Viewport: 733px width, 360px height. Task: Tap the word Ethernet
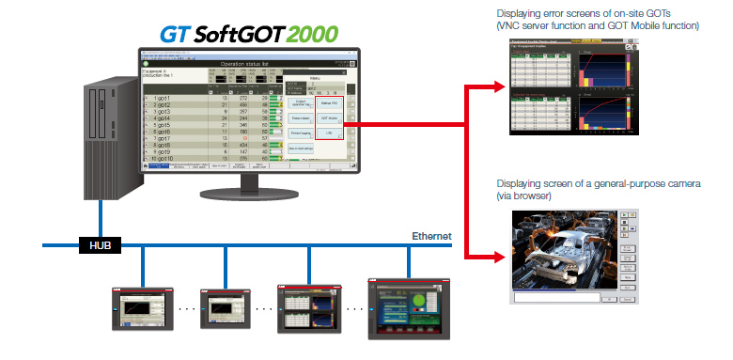(x=431, y=236)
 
